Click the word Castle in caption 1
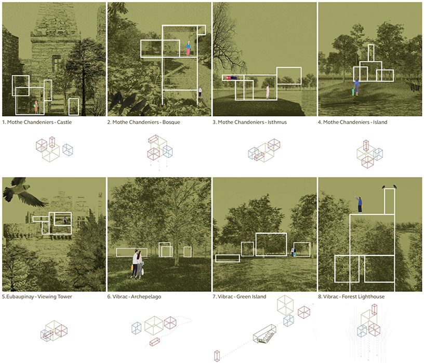(64, 122)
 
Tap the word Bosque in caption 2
(171, 122)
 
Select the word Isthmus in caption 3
(277, 122)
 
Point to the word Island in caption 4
(380, 122)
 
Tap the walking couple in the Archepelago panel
(137, 265)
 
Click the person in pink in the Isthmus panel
(268, 91)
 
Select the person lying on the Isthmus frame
(231, 78)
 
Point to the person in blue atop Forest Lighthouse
(359, 205)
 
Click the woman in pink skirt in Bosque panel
(188, 48)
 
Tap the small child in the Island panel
(353, 91)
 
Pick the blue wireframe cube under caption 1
(68, 150)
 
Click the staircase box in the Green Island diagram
(264, 334)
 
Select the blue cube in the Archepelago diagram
(136, 328)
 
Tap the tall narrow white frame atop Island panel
(371, 53)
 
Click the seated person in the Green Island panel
(293, 252)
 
